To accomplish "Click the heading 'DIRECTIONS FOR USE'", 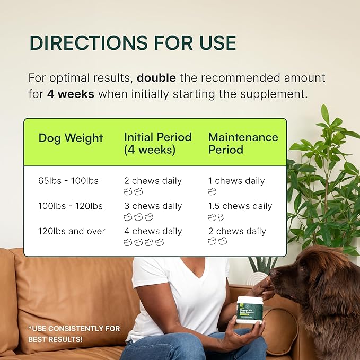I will [133, 43].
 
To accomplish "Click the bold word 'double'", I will [156, 78].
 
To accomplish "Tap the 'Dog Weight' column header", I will [71, 138].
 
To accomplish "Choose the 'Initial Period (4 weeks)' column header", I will [157, 143].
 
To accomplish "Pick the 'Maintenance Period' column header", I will [243, 143].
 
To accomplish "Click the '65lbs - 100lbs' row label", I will [68, 181].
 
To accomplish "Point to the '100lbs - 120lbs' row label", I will [71, 206].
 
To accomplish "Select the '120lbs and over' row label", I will [72, 231].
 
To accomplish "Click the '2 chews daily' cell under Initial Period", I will [153, 181].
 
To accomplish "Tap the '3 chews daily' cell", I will [153, 206].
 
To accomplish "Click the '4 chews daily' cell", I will [153, 231].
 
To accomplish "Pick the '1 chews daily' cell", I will [236, 181].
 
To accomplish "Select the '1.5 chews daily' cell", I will [240, 206].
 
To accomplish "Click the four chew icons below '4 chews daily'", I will [144, 242].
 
